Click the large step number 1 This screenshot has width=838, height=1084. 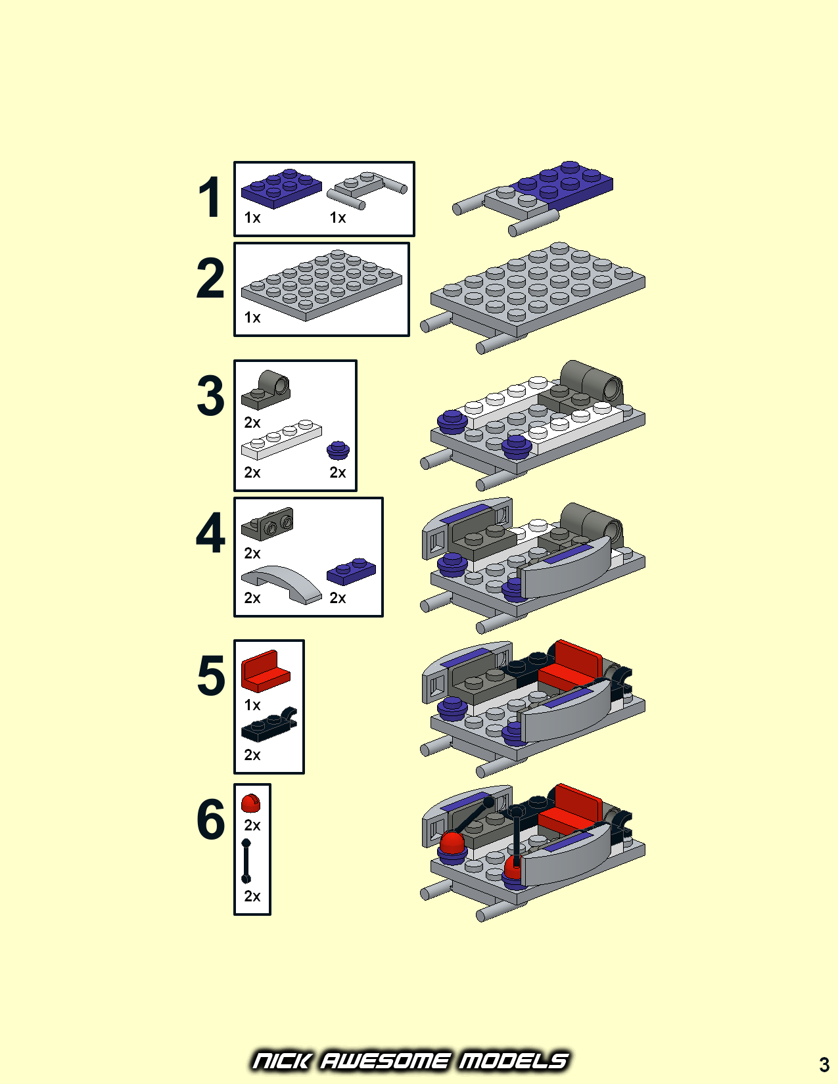[210, 198]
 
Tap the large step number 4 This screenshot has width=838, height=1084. [210, 533]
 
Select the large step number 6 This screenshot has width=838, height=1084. [210, 819]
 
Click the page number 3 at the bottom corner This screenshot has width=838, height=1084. [824, 1065]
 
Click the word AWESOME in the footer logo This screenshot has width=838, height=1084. [384, 1061]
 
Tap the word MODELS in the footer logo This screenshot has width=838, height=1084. [513, 1061]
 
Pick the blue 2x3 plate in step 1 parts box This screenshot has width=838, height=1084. [281, 189]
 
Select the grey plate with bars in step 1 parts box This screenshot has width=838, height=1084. [367, 191]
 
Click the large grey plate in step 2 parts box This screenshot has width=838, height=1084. [321, 285]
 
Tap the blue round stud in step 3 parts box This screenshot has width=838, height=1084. [338, 450]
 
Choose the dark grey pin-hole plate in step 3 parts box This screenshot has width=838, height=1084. [266, 390]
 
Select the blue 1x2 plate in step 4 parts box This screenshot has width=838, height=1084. [351, 572]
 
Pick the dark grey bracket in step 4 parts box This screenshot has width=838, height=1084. [268, 524]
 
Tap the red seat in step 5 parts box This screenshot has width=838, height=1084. [266, 671]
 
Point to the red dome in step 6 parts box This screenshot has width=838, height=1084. [250, 803]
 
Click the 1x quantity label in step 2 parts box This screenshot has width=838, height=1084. [252, 318]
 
